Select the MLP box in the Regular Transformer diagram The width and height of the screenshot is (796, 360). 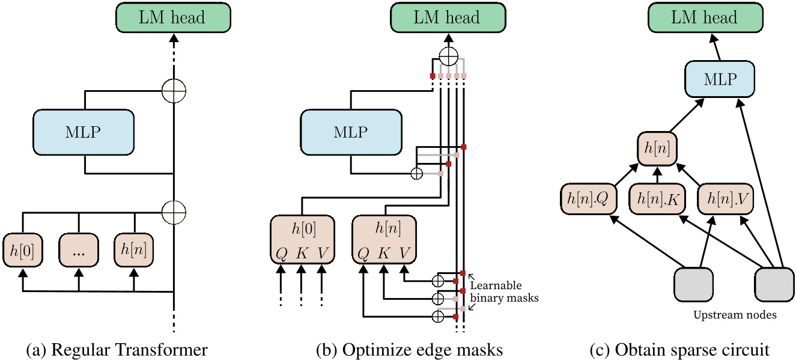[x=84, y=132]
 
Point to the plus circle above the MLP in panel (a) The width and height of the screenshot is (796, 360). [x=174, y=91]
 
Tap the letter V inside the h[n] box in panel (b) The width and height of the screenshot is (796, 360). [x=406, y=254]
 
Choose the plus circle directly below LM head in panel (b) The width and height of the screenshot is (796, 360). [x=448, y=58]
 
